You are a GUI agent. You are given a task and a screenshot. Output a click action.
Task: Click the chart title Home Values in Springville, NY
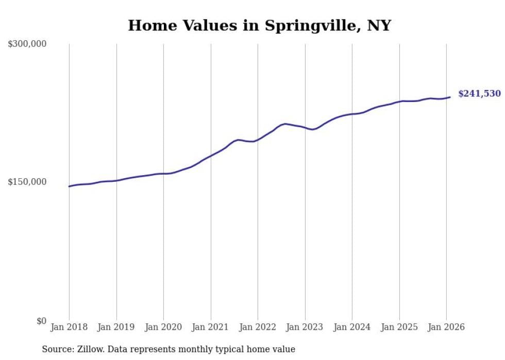(260, 25)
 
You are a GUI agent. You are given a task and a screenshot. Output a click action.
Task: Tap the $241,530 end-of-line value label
(479, 94)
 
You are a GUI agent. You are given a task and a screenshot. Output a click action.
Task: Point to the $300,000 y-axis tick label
(27, 44)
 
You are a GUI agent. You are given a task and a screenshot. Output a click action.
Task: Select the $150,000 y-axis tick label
(27, 182)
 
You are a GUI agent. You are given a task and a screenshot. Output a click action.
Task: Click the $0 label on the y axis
(41, 321)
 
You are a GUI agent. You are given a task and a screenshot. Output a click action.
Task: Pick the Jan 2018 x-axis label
(69, 328)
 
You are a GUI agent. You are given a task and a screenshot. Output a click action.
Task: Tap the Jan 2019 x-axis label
(116, 328)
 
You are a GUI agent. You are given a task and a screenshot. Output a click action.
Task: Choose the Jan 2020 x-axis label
(163, 328)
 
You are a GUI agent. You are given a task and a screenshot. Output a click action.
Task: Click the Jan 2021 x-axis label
(211, 328)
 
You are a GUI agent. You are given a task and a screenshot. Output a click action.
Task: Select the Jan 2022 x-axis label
(258, 328)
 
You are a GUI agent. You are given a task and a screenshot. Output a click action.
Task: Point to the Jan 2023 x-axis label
(305, 328)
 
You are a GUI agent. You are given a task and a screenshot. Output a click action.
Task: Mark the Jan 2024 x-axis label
(352, 328)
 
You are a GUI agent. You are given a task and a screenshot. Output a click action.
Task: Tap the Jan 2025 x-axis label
(399, 328)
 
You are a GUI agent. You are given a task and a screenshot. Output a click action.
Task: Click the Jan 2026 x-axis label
(446, 328)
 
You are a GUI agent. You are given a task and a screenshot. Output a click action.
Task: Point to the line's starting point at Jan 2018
(69, 186)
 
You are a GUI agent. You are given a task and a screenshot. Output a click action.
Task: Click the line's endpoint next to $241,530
(450, 97)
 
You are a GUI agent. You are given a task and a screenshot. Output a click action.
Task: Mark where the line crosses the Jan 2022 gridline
(258, 139)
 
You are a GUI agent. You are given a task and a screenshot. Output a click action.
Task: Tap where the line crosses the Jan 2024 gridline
(352, 114)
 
